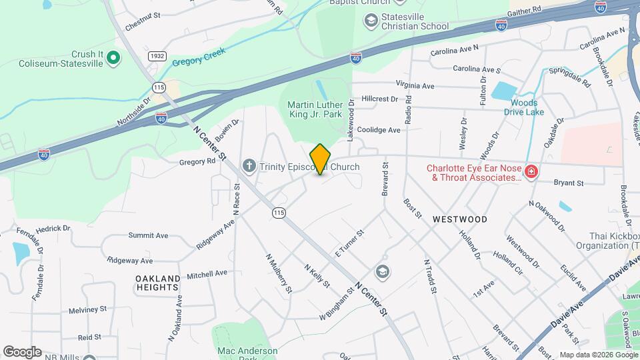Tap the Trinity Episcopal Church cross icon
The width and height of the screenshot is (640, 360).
point(249,165)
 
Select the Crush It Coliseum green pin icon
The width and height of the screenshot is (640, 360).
point(113,59)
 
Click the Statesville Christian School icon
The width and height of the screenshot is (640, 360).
point(370,21)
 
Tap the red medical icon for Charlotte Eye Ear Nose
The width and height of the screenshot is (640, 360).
point(531,173)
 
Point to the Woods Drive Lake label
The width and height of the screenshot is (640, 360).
point(523,107)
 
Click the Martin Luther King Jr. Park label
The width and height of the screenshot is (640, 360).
point(315,109)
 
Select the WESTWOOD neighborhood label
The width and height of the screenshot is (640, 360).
point(459,219)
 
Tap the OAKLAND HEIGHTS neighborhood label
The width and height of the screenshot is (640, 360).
point(158,283)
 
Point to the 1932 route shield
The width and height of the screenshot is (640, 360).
point(157,57)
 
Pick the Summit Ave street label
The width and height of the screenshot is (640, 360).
point(148,235)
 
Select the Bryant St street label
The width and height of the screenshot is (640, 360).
point(570,183)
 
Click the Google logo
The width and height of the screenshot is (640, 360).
point(22,352)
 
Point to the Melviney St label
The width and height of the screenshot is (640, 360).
point(88,309)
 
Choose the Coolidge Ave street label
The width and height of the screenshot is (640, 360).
point(379,130)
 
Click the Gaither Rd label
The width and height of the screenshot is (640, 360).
point(525,13)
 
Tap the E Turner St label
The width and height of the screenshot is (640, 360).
point(349,243)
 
